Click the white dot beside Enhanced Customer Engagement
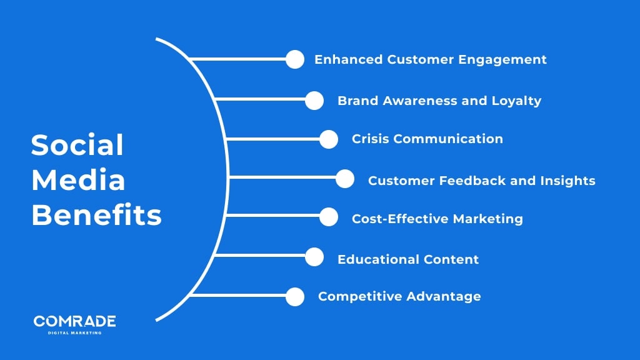(x=295, y=59)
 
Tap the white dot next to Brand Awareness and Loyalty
(x=314, y=100)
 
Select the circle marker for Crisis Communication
(x=329, y=139)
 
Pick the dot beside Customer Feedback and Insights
(x=345, y=179)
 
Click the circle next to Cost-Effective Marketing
(x=329, y=217)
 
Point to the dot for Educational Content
(x=314, y=257)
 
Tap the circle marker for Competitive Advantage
(x=295, y=296)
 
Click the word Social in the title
(x=77, y=146)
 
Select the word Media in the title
(x=78, y=181)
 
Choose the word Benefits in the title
(x=96, y=216)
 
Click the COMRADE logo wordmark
(x=74, y=321)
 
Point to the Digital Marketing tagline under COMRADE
(x=74, y=332)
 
